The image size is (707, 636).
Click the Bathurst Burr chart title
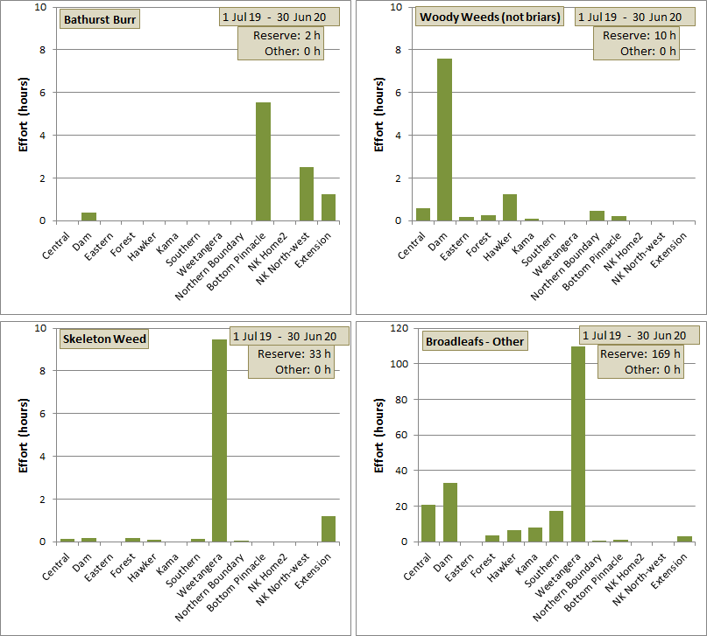pos(100,19)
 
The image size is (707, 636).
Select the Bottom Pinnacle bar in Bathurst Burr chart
pos(264,162)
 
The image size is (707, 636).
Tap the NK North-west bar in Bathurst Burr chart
pos(307,194)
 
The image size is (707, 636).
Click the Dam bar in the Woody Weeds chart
pos(444,139)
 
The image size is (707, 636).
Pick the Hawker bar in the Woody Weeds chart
pos(510,207)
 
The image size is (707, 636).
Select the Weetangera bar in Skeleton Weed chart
pos(220,441)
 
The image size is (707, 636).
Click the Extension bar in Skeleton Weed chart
pos(329,529)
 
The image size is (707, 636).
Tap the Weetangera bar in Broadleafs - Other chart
pos(578,444)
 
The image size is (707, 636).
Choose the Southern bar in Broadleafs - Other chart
pos(556,526)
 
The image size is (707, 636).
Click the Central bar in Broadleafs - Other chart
pos(428,523)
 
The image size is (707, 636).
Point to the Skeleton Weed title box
pos(104,339)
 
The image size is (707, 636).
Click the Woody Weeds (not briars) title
pos(490,17)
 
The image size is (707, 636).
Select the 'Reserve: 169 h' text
pos(640,353)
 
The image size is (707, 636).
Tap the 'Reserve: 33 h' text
pos(294,354)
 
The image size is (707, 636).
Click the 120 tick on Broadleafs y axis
pos(399,328)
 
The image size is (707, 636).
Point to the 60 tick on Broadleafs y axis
pos(402,435)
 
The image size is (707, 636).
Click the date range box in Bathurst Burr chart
pos(279,17)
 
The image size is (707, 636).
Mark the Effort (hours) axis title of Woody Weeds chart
pos(379,115)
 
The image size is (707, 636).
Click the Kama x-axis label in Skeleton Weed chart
pos(166,564)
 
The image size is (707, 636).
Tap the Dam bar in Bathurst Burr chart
pos(88,216)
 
